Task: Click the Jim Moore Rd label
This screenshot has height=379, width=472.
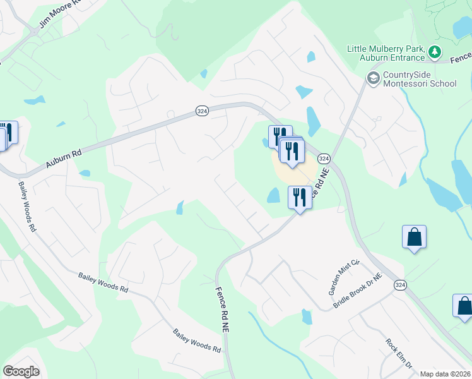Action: pos(61,15)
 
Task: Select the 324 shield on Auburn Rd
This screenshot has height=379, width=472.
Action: pos(201,111)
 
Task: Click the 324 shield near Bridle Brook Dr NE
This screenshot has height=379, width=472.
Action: pos(400,286)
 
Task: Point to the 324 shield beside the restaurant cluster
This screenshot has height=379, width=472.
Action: pos(323,157)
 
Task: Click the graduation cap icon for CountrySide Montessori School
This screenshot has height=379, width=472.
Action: pos(373,78)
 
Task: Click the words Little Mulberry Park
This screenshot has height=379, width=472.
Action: pos(385,49)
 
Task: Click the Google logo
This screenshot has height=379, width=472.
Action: pos(21,371)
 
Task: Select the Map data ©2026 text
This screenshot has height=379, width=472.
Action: pos(445,374)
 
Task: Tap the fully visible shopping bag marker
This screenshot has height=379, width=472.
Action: pos(414,238)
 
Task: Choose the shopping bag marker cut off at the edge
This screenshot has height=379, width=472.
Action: pos(464,306)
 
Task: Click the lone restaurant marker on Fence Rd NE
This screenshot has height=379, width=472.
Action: pos(300,198)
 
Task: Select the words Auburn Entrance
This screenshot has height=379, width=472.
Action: pos(394,58)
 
